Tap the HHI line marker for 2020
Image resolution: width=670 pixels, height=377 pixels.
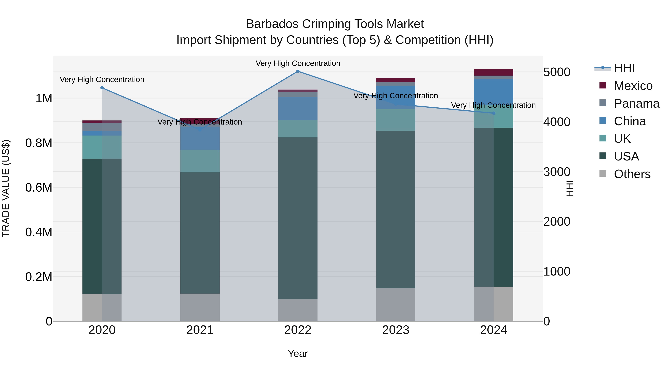[102, 88]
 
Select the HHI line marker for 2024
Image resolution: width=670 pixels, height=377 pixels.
[494, 113]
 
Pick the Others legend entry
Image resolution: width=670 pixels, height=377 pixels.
[632, 174]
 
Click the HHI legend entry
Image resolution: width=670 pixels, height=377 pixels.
[624, 68]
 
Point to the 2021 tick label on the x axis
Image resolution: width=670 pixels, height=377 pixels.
[200, 330]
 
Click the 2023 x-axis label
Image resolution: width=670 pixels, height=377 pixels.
[396, 330]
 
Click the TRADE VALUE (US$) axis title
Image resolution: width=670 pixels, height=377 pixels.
[6, 188]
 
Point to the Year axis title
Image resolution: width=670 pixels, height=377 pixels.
[298, 354]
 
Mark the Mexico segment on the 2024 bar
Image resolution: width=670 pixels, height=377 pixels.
[494, 72]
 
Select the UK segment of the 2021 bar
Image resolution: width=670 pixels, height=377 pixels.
[200, 161]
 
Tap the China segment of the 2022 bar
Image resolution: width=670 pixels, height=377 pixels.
[298, 109]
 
